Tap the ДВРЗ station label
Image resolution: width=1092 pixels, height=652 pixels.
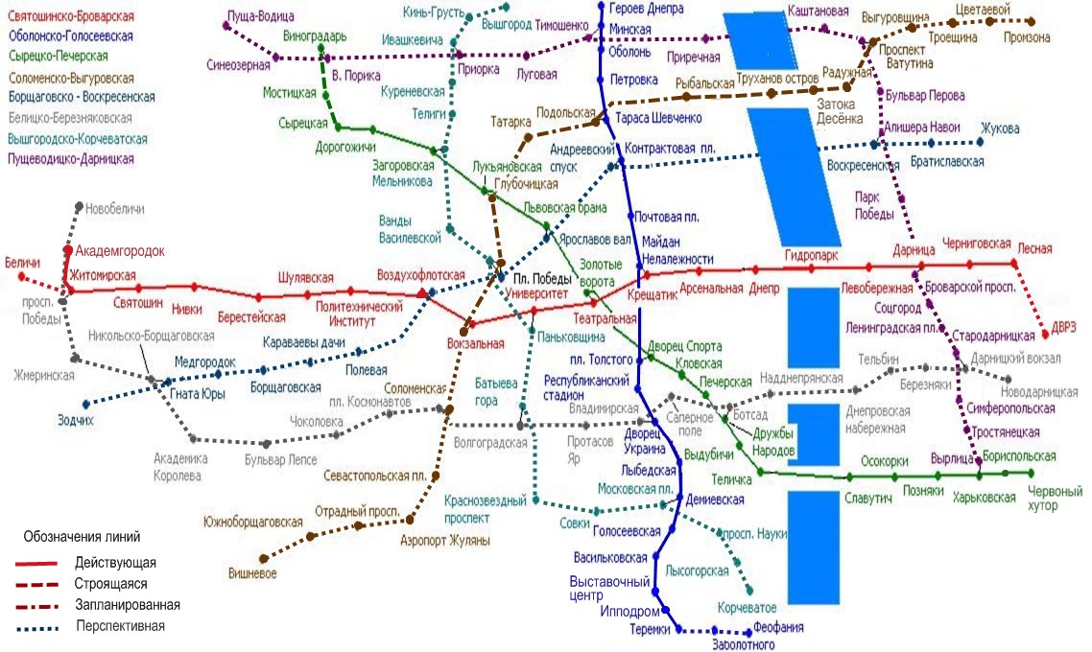click(x=1063, y=327)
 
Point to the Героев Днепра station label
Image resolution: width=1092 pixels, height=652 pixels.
click(x=647, y=9)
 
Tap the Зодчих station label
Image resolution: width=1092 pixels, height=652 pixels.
click(x=75, y=419)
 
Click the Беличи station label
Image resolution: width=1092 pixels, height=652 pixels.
click(x=22, y=262)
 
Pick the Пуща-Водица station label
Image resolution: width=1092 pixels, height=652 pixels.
click(x=261, y=16)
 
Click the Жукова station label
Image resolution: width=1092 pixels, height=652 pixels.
click(x=1000, y=128)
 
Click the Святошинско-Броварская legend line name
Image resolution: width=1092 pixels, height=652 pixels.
click(x=70, y=17)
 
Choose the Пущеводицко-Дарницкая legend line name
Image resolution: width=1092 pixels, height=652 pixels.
click(x=71, y=158)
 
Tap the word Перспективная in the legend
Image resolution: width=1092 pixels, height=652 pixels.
click(x=120, y=626)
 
